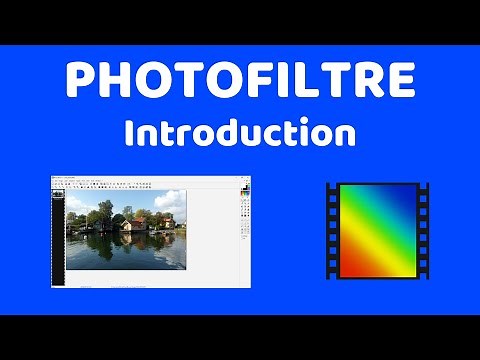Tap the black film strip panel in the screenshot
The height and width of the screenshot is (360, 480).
pos(57,245)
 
